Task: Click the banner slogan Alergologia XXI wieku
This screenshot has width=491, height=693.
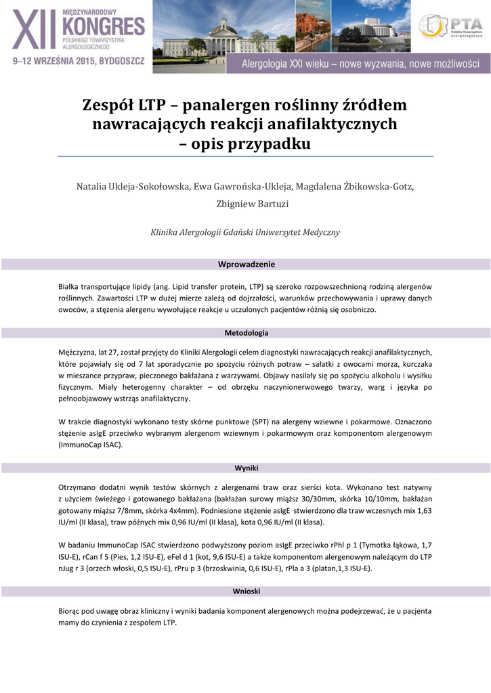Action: tap(361, 65)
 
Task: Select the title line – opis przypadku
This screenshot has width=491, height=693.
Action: tap(245, 144)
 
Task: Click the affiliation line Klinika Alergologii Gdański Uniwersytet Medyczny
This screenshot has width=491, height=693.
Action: tap(245, 232)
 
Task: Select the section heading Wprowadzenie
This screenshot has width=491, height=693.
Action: tap(246, 264)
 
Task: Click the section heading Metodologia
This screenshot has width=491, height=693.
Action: tap(246, 333)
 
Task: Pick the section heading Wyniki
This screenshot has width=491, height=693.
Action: tap(246, 468)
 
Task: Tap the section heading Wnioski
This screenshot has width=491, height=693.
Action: tap(246, 591)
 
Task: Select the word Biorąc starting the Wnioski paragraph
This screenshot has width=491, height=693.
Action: tap(72, 610)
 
